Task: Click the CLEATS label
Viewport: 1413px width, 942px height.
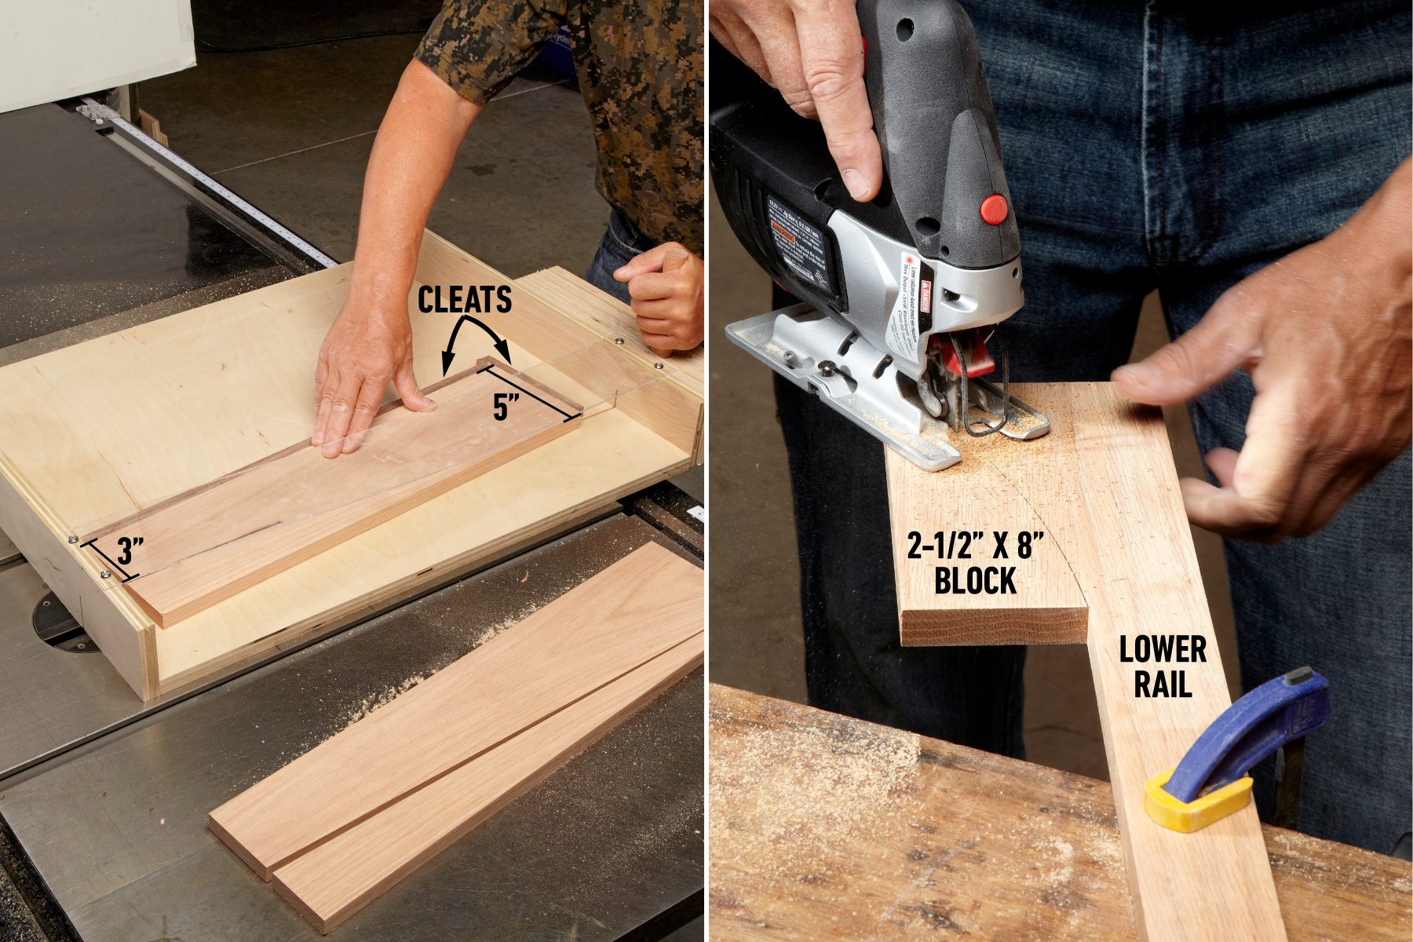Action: (464, 300)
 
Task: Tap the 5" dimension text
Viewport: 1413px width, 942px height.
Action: (506, 407)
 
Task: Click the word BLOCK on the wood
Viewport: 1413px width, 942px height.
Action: (975, 582)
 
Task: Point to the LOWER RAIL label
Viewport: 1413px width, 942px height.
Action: (1163, 666)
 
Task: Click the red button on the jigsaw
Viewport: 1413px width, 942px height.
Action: (994, 209)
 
